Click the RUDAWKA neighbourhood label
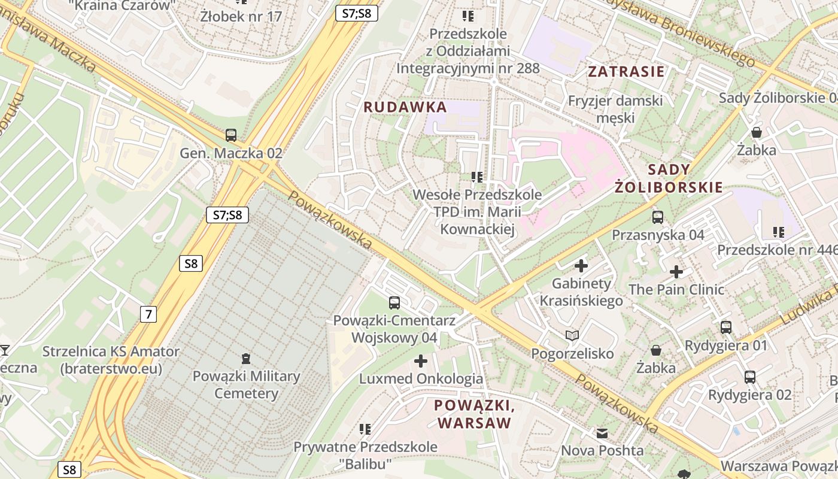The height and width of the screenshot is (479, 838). click(405, 107)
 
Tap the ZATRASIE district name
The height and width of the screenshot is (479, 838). click(626, 72)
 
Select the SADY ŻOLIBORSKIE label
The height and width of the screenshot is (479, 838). click(669, 178)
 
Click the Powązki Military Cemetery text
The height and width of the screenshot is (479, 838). click(246, 385)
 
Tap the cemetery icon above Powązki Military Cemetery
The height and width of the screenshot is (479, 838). click(245, 359)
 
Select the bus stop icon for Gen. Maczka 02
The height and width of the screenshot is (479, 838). click(231, 135)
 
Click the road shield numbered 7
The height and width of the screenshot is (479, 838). click(148, 314)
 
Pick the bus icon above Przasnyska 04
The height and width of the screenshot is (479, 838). click(658, 217)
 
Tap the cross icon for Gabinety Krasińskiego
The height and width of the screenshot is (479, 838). click(581, 265)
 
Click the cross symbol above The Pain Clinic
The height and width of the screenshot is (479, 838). click(676, 272)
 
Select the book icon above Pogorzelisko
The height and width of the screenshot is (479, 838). click(572, 336)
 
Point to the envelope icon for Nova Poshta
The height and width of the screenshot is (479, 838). click(602, 433)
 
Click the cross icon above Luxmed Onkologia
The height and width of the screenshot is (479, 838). click(421, 361)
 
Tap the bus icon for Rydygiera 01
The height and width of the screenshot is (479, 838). click(725, 328)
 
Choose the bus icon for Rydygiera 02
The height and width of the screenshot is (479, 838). click(749, 377)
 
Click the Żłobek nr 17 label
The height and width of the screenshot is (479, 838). click(241, 16)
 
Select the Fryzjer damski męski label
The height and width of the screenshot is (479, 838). click(615, 109)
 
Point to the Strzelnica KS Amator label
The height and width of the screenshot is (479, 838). click(111, 360)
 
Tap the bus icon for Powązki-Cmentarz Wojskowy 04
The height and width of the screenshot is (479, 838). click(394, 303)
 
